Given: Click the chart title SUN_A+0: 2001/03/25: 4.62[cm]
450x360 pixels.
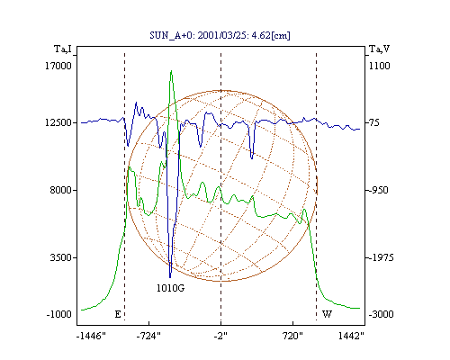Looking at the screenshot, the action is [220, 35].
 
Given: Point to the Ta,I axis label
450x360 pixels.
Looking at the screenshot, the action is [63, 49].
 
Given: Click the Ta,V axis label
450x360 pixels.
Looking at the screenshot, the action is [379, 49].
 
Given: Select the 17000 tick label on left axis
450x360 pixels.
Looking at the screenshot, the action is [58, 66].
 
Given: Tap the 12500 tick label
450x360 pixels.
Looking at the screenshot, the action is [58, 122].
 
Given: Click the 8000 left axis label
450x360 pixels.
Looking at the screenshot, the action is [61, 190].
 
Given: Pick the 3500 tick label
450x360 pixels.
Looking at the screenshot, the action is [61, 257].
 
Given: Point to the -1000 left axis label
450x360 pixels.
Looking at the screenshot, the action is [59, 314].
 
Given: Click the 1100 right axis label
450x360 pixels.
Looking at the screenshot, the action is [379, 66].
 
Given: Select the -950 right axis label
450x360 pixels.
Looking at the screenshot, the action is [378, 190].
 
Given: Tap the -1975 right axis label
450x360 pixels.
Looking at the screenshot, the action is [381, 257].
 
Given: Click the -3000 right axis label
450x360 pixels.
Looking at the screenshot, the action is [381, 314].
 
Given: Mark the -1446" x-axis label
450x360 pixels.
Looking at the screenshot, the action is [91, 336].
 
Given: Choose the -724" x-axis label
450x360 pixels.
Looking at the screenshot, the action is [148, 336].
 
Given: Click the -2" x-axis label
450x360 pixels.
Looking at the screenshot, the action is [220, 336].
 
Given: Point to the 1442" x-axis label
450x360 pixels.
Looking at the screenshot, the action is [351, 336].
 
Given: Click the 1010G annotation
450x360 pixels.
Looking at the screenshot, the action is [170, 288].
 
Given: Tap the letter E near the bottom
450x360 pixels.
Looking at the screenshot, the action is [118, 314].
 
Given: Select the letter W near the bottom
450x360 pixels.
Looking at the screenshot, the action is [327, 314].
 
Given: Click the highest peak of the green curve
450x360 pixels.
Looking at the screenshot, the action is [171, 71].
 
